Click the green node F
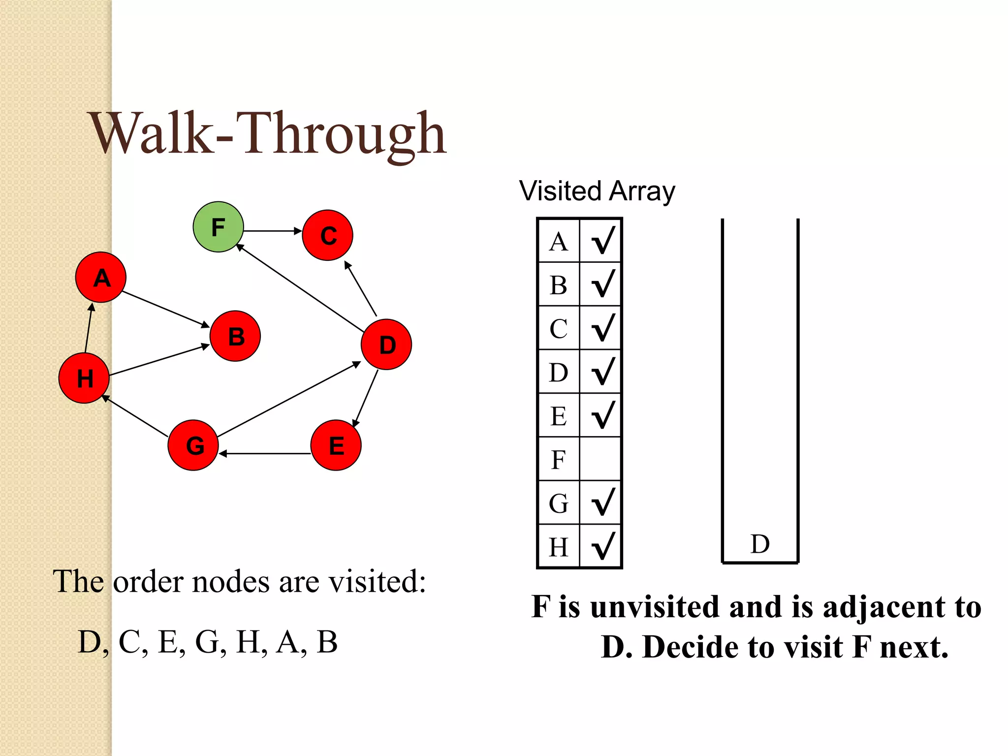click(218, 227)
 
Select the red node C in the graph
click(327, 235)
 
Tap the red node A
click(101, 277)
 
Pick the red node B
click(235, 336)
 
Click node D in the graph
click(386, 345)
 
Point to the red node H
click(84, 378)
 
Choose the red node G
click(193, 445)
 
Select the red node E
click(336, 445)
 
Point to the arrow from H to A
click(89, 328)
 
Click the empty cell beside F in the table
click(600, 459)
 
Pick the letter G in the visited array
click(559, 503)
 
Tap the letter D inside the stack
click(760, 544)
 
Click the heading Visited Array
click(597, 191)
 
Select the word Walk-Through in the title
click(268, 134)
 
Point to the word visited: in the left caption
click(377, 582)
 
